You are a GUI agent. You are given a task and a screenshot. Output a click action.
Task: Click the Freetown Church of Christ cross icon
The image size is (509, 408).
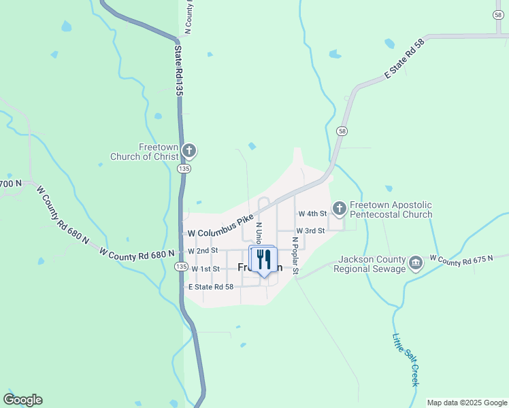(x=189, y=150)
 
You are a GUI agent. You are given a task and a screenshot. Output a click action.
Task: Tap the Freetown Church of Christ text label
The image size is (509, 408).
(x=147, y=152)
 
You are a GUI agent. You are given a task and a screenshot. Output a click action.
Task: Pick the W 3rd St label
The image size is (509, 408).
(x=310, y=231)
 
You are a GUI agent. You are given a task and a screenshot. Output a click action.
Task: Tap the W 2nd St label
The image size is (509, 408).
(x=203, y=251)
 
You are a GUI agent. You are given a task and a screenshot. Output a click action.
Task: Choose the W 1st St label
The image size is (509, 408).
(x=206, y=269)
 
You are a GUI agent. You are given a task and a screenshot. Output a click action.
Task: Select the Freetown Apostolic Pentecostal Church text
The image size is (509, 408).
(x=391, y=209)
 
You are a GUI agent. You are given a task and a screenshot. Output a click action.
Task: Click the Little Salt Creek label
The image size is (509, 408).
(x=406, y=360)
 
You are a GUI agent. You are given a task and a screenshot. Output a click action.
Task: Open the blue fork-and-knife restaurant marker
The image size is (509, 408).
(x=263, y=260)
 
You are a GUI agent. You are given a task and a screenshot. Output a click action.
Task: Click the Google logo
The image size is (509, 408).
(x=22, y=400)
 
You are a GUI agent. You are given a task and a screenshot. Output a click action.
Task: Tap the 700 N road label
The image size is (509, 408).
(x=11, y=184)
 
